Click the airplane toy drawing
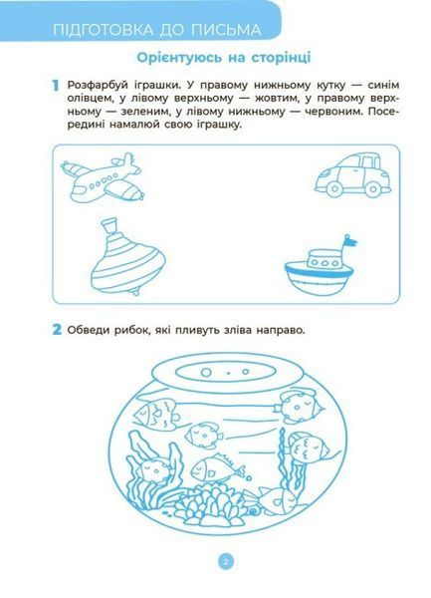103,177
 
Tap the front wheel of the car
334,188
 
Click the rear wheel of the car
373,188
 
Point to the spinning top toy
127,256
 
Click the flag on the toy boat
350,241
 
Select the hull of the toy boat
318,279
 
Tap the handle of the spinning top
110,227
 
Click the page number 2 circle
225,561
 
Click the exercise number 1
56,86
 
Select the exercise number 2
57,329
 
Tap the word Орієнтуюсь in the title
179,58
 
